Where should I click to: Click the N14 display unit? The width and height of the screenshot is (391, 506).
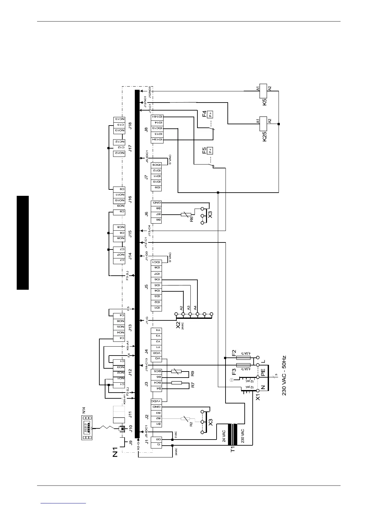pos(86,428)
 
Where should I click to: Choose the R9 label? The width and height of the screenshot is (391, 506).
pos(193,373)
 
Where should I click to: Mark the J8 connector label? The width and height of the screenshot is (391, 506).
pos(146,129)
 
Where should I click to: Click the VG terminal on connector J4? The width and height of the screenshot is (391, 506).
pos(157,359)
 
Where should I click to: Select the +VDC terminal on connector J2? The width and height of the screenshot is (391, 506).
pos(157,401)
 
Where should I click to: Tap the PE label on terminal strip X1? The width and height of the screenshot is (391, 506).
pos(263,372)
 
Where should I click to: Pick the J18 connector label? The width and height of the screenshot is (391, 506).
pos(130,126)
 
